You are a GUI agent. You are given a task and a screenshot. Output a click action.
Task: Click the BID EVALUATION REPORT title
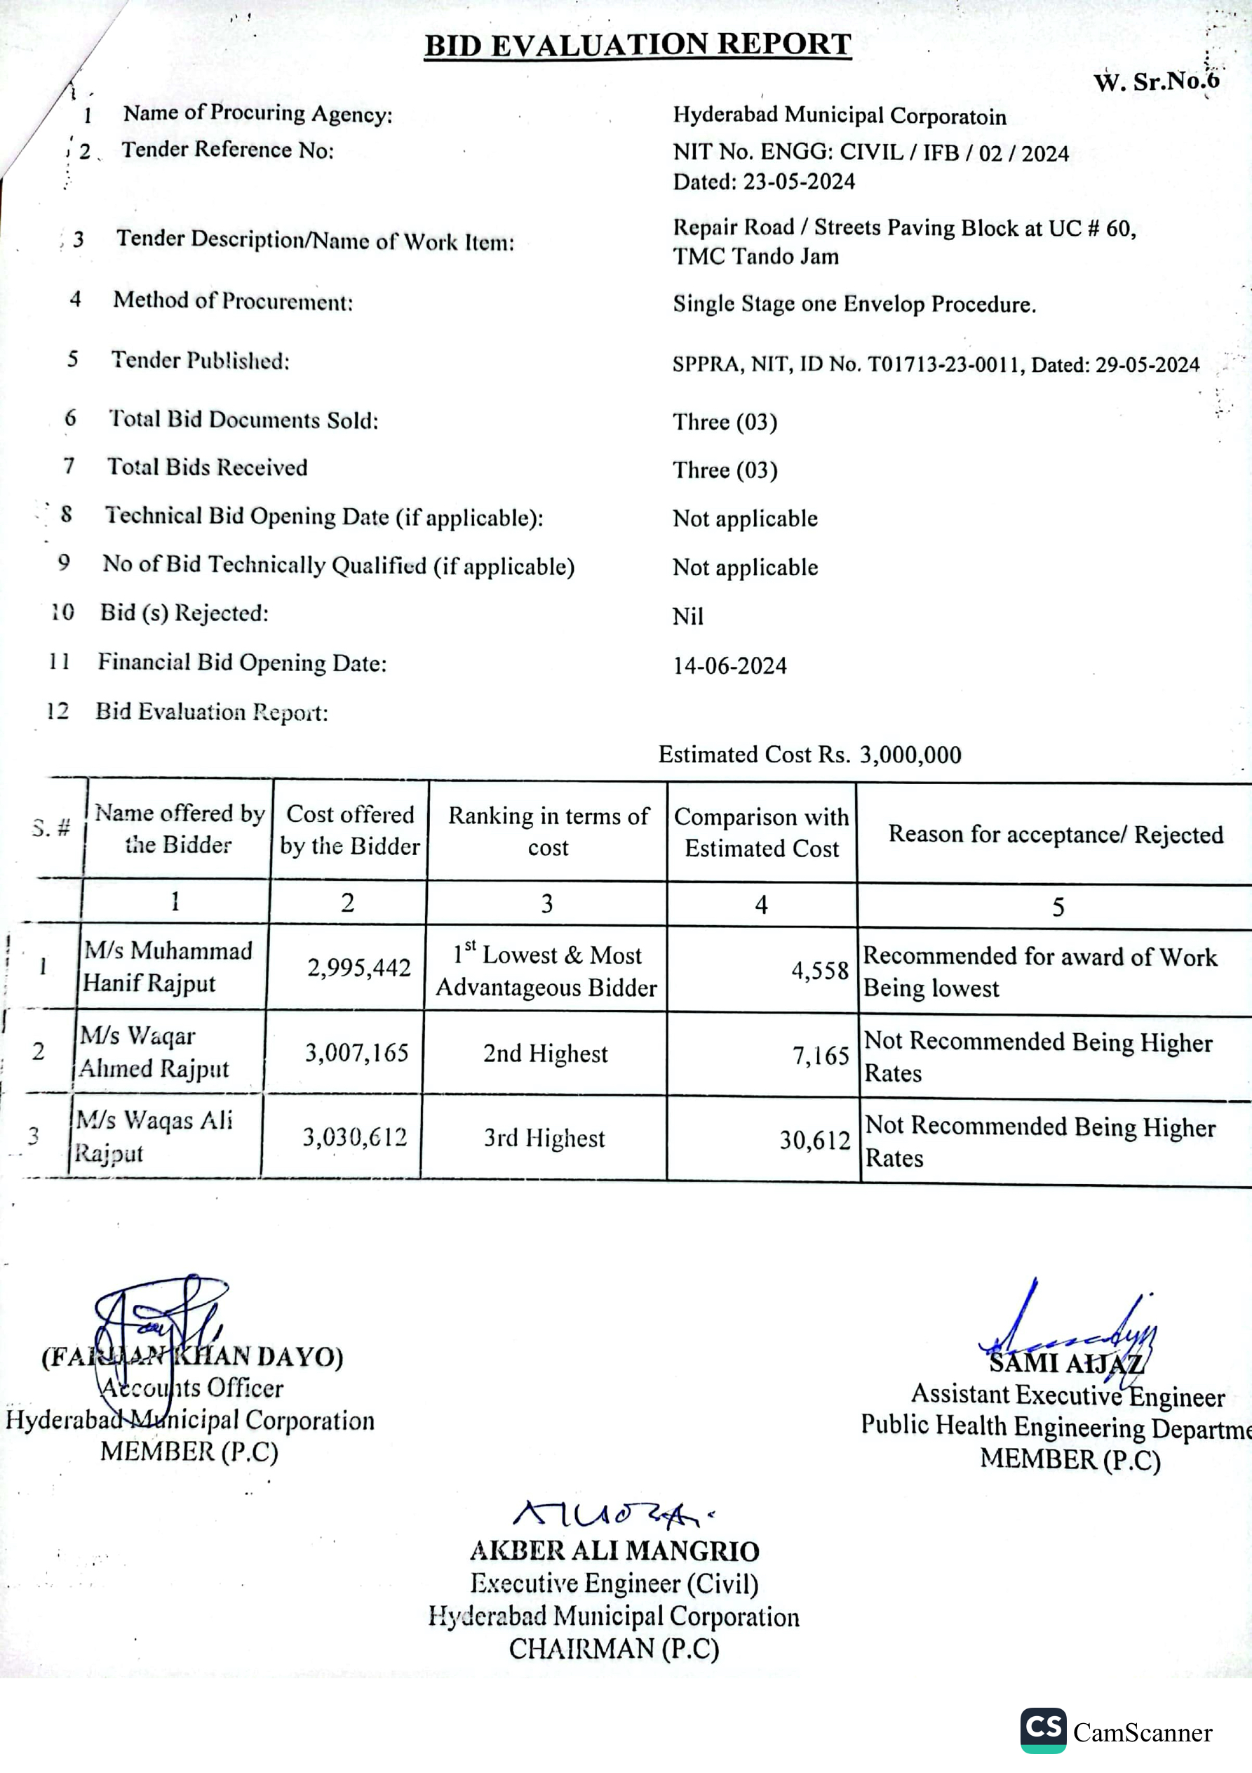pyautogui.click(x=638, y=45)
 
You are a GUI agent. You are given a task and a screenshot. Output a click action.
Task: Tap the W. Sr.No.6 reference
pyautogui.click(x=1155, y=81)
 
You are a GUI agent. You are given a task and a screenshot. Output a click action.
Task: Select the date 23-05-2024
pyautogui.click(x=799, y=182)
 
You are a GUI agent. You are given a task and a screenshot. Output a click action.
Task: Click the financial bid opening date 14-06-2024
pyautogui.click(x=729, y=665)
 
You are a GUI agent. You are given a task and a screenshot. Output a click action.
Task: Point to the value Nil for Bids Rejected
pyautogui.click(x=688, y=616)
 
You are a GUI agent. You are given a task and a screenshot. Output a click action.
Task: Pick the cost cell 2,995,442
pyautogui.click(x=359, y=968)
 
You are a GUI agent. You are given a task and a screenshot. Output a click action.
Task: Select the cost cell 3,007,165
pyautogui.click(x=356, y=1053)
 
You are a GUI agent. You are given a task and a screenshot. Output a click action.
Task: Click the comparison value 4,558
pyautogui.click(x=820, y=971)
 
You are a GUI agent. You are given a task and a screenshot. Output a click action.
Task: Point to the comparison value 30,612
pyautogui.click(x=814, y=1140)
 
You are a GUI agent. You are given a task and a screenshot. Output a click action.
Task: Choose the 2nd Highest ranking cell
pyautogui.click(x=545, y=1054)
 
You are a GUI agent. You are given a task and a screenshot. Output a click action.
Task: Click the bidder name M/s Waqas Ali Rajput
pyautogui.click(x=154, y=1136)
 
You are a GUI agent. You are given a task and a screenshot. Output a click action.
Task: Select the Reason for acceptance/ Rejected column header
pyautogui.click(x=1055, y=834)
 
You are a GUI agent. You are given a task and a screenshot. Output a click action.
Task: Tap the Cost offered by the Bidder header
pyautogui.click(x=350, y=830)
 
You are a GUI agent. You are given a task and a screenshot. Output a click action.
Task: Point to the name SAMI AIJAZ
pyautogui.click(x=1065, y=1364)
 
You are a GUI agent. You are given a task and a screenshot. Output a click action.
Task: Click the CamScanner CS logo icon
pyautogui.click(x=1043, y=1729)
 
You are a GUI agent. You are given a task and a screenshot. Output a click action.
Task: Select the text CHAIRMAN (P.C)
pyautogui.click(x=614, y=1649)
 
